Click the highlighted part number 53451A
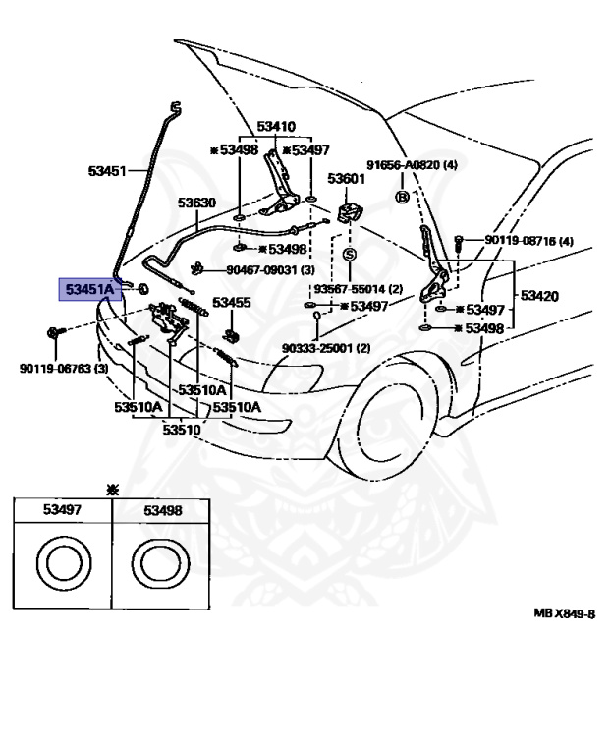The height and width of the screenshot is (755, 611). [90, 289]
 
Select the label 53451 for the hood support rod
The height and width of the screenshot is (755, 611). [107, 171]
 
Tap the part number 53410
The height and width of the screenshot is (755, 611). [276, 127]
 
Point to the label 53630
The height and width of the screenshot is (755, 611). [196, 203]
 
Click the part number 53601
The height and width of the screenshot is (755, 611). [347, 178]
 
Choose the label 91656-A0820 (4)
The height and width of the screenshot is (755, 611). [412, 165]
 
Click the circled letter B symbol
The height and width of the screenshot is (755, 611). [402, 197]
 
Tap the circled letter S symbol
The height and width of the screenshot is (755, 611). [350, 255]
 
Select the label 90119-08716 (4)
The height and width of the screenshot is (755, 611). [528, 240]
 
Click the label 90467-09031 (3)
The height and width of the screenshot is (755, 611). [270, 270]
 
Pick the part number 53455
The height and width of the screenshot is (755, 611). [232, 303]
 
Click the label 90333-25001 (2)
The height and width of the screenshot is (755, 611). [326, 348]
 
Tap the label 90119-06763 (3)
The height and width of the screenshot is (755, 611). [64, 369]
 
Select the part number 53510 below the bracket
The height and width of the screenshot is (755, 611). [182, 429]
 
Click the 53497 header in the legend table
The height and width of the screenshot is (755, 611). [62, 509]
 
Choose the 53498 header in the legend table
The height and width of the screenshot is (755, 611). [163, 510]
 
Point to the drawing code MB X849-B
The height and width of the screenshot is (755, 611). [564, 613]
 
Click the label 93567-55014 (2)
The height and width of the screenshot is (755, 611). [358, 289]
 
